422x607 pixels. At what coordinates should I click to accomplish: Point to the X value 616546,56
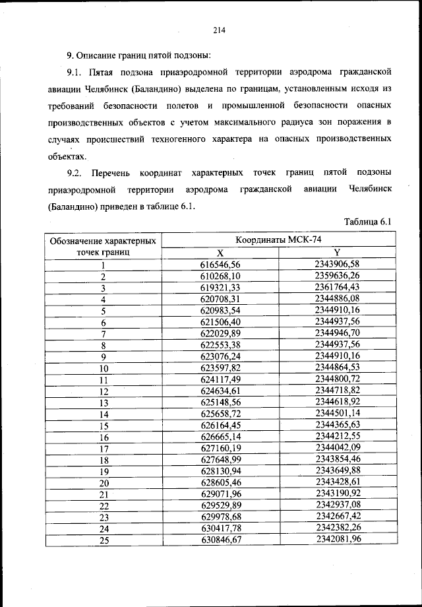pyautogui.click(x=221, y=265)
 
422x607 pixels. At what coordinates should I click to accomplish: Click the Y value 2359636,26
pyautogui.click(x=337, y=276)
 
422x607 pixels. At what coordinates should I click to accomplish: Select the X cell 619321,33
pyautogui.click(x=221, y=288)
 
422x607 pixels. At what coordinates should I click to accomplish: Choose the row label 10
pyautogui.click(x=104, y=368)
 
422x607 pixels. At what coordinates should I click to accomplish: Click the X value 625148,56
pyautogui.click(x=221, y=402)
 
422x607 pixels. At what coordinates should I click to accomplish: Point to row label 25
pyautogui.click(x=104, y=541)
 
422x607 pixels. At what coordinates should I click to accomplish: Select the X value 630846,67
pyautogui.click(x=221, y=540)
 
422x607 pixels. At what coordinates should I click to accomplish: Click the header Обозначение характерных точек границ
pyautogui.click(x=104, y=246)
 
